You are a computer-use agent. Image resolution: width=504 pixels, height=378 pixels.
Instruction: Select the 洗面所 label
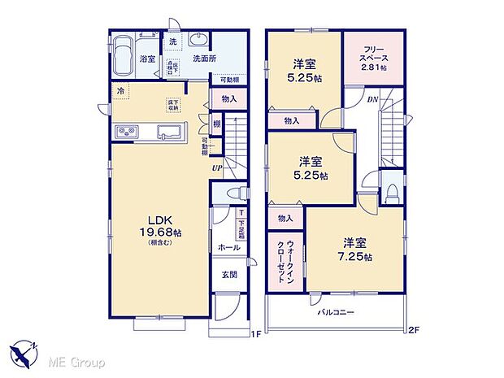[204, 59]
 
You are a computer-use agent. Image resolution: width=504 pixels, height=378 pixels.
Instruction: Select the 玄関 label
[228, 274]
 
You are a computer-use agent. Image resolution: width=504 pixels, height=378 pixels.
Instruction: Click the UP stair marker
[216, 168]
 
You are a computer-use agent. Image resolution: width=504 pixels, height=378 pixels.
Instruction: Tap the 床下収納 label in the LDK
[173, 104]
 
